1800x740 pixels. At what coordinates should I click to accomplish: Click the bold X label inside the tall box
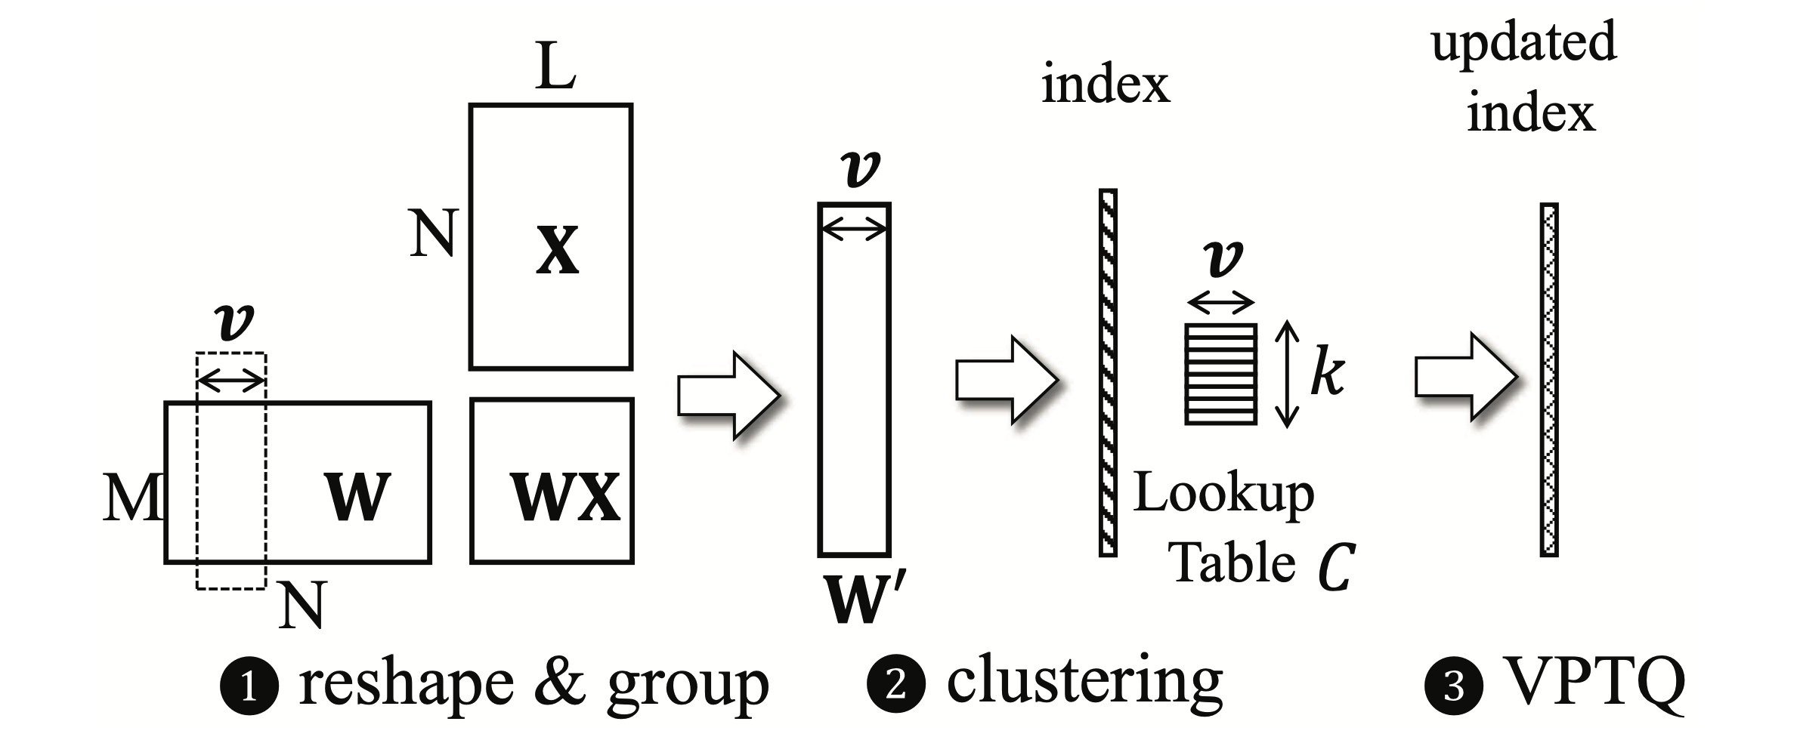click(557, 251)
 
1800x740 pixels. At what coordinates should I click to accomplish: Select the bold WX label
click(565, 497)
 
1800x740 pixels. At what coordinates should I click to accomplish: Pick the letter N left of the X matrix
click(434, 233)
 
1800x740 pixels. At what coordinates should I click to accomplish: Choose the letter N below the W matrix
click(302, 606)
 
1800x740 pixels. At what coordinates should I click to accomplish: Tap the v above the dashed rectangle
click(234, 322)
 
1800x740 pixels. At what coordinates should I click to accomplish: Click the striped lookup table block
click(1220, 375)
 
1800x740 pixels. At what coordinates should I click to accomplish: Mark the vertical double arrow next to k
click(1287, 375)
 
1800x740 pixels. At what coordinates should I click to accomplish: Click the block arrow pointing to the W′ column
click(728, 394)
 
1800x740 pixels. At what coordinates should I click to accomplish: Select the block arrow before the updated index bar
click(1466, 377)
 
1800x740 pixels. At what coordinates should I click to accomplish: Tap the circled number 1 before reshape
click(249, 686)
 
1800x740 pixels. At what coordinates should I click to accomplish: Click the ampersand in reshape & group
click(559, 682)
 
